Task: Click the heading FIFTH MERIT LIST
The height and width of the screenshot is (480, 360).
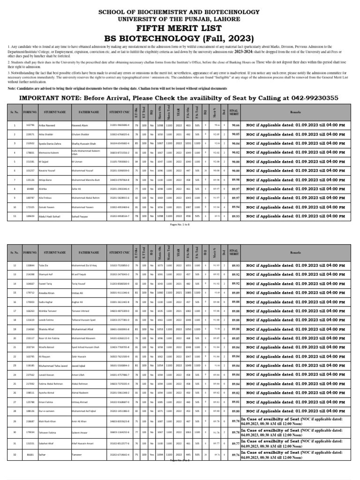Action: (x=180, y=29)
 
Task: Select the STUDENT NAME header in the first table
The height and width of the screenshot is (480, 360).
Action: (x=55, y=112)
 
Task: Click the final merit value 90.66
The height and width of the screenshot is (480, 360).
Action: (x=235, y=126)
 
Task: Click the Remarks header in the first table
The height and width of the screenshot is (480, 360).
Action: (x=296, y=112)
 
